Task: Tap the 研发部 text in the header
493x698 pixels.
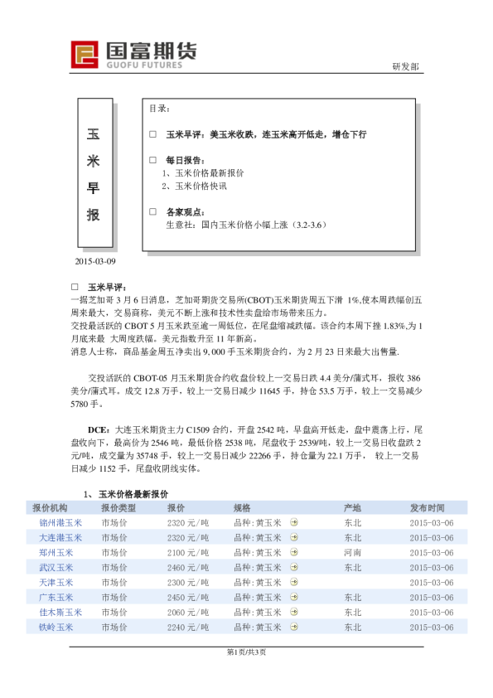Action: point(406,67)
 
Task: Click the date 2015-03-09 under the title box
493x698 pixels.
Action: point(95,262)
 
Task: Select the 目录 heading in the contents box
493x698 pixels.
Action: point(160,109)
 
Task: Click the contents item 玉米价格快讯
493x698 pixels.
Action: point(195,187)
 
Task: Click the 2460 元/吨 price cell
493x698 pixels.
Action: point(187,567)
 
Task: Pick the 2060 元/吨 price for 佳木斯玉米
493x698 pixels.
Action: point(187,612)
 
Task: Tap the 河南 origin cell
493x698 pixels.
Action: point(352,552)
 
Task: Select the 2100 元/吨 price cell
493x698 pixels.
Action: point(187,552)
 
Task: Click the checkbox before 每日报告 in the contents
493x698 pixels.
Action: point(152,159)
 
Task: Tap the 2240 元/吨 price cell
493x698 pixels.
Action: point(187,627)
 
